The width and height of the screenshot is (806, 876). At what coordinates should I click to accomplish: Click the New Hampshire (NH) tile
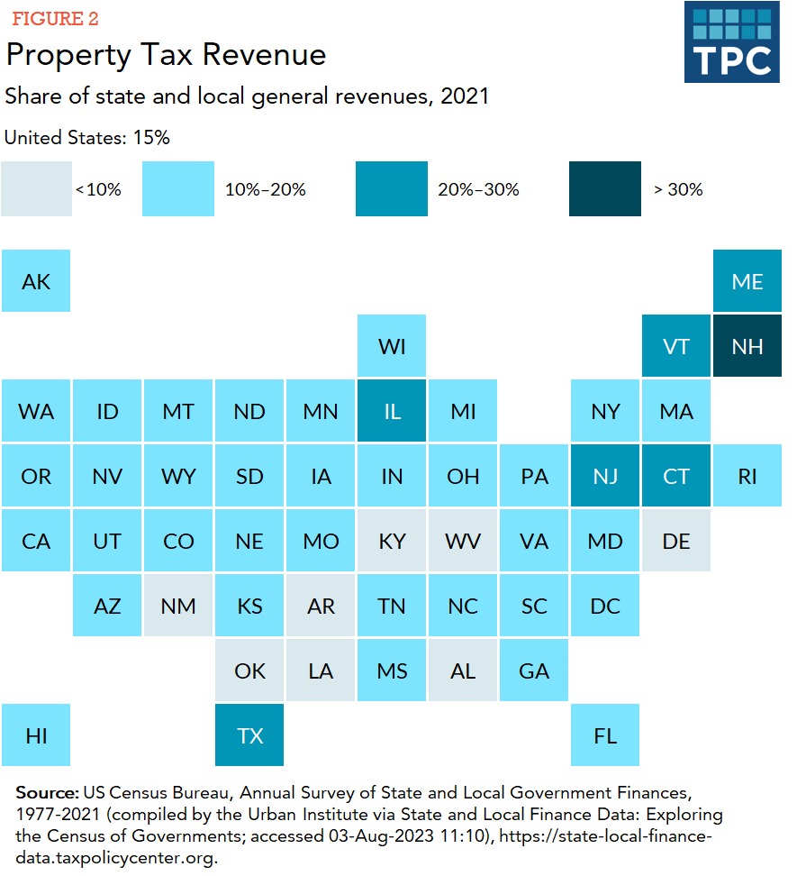(747, 346)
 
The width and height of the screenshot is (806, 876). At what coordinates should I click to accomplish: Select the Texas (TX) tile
(249, 735)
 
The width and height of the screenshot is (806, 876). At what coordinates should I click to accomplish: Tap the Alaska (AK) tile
(36, 281)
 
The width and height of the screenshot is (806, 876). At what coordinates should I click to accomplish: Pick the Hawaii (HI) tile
(36, 735)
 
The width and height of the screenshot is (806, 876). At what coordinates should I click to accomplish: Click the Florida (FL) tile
(605, 735)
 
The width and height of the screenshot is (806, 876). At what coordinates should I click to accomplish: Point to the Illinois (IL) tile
(392, 411)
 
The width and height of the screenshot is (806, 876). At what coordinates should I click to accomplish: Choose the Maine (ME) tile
(747, 281)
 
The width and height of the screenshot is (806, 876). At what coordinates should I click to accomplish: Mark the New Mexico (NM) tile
(178, 606)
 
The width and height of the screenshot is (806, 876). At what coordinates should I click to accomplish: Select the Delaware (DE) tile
(676, 541)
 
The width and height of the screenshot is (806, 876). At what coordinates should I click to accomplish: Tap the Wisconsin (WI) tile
(392, 346)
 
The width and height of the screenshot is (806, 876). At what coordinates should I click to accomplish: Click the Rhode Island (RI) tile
(747, 476)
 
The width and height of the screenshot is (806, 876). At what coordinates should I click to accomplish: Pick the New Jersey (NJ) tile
(605, 476)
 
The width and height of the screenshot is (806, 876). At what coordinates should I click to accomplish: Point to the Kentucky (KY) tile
(392, 541)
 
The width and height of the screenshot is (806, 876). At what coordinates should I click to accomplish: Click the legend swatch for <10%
(36, 189)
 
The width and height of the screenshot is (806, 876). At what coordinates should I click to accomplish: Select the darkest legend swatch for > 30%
(605, 189)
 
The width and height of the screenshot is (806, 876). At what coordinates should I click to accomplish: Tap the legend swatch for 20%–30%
(392, 189)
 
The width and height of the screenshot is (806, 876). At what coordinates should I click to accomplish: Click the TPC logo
(731, 42)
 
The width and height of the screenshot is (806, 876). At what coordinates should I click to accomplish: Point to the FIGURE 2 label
(55, 19)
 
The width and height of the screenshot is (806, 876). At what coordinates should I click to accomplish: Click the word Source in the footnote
(47, 793)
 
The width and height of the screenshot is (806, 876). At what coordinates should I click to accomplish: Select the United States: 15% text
(87, 138)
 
